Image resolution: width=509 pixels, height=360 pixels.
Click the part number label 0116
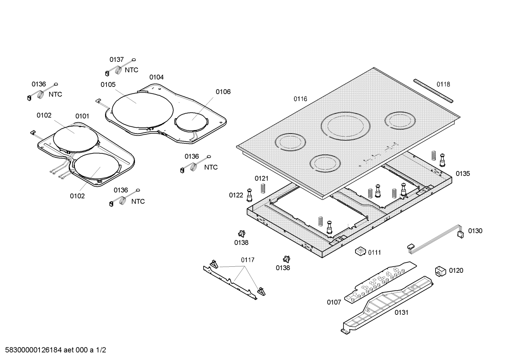click(300, 99)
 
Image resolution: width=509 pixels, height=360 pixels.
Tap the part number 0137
click(116, 59)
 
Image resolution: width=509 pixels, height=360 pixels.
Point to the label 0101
click(82, 116)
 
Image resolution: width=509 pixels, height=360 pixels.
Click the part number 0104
click(156, 77)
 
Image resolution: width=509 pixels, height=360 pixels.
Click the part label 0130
click(475, 231)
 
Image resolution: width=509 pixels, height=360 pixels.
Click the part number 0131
click(401, 312)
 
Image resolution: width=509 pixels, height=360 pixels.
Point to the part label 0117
click(247, 260)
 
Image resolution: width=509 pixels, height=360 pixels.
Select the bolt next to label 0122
click(250, 194)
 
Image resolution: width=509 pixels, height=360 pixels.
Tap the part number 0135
click(463, 173)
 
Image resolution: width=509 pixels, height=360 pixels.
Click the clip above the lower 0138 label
click(286, 260)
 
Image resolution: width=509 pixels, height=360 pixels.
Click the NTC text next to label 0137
click(132, 70)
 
